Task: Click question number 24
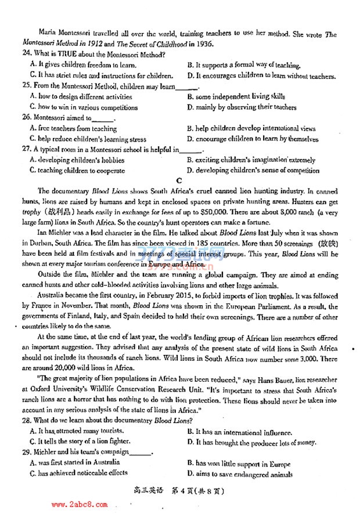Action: (25, 55)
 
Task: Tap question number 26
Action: (25, 118)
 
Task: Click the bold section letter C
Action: (179, 181)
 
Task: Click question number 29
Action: (25, 453)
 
